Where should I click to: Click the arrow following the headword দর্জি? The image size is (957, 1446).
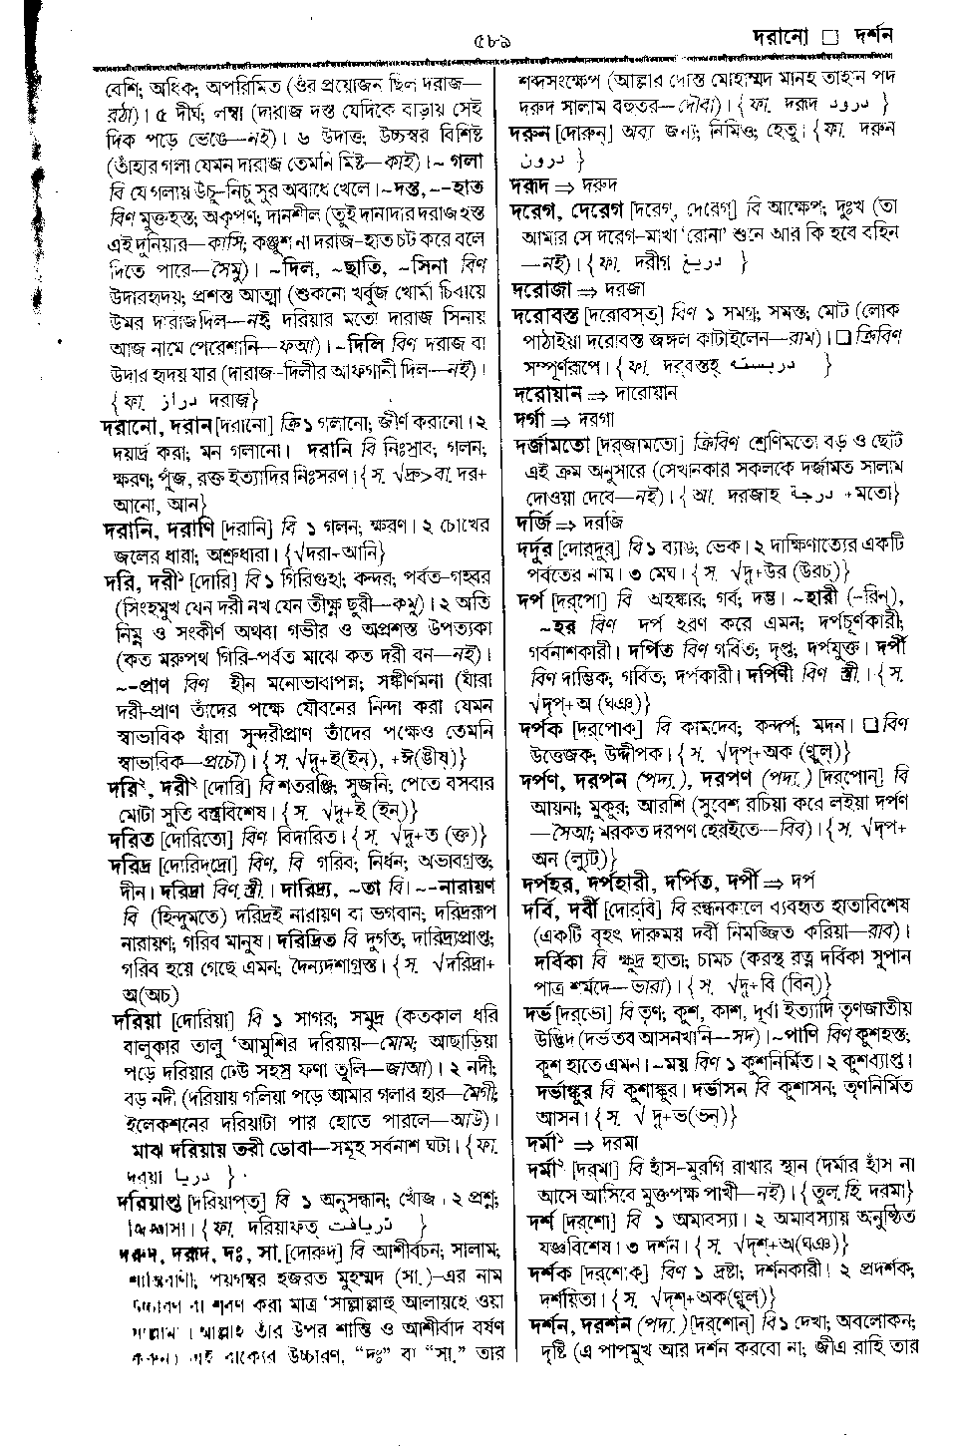pos(564,522)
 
